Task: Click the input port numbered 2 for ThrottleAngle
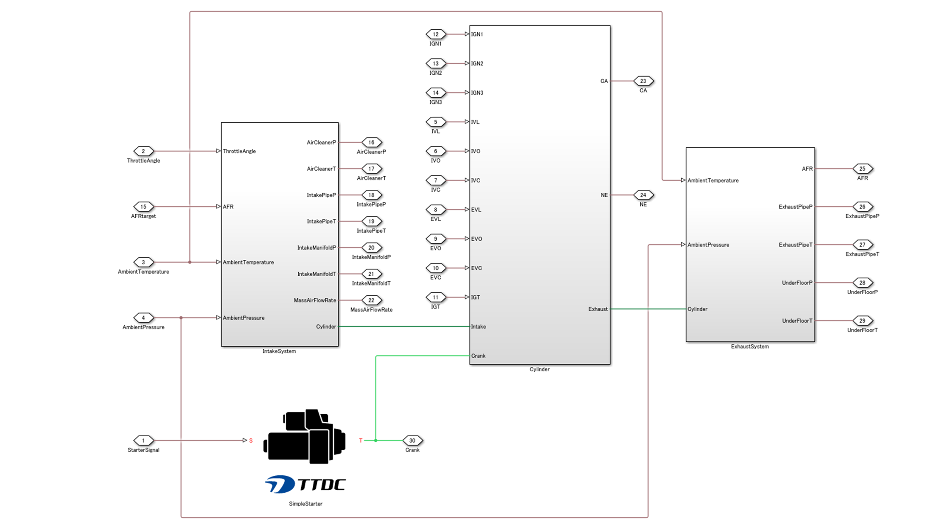143,151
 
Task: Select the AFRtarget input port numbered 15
143,207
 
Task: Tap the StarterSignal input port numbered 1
143,441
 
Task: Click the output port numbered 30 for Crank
412,441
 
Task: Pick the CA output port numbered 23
643,81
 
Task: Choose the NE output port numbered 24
643,195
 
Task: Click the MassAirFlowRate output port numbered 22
371,300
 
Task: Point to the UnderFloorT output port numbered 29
862,321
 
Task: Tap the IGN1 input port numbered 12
436,34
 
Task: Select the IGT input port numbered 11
436,298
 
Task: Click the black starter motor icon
305,436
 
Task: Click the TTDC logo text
321,485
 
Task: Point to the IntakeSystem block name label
279,351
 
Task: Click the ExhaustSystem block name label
750,347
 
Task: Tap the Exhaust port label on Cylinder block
598,309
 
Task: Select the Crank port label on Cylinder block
478,356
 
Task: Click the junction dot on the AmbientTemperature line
190,262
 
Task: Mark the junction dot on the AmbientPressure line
181,318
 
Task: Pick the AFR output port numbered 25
862,169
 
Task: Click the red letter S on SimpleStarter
251,441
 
